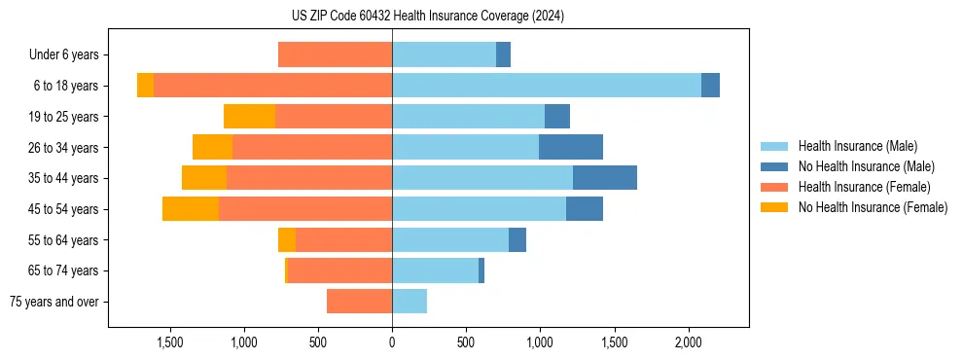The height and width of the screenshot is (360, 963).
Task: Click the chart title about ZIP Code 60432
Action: tap(427, 17)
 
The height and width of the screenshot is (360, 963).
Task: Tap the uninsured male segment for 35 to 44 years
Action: tap(604, 178)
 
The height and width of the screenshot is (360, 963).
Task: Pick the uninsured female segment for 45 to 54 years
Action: tap(191, 209)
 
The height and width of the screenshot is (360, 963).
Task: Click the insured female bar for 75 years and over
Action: tap(359, 302)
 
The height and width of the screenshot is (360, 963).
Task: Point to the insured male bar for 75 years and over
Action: tap(410, 302)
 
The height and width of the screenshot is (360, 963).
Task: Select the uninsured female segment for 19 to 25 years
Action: tap(249, 117)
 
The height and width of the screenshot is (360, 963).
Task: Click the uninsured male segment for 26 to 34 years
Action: tap(571, 148)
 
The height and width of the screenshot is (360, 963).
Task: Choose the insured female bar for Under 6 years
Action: tap(335, 54)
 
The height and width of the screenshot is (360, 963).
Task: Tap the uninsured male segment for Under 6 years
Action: tap(503, 54)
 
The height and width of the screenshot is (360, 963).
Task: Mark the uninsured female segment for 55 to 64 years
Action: tap(287, 240)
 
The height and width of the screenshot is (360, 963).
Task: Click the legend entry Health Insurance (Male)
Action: tap(857, 146)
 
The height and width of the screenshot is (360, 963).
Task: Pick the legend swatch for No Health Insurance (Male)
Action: tap(774, 166)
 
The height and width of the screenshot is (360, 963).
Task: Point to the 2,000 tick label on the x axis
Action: tap(688, 342)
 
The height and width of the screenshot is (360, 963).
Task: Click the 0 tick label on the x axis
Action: tap(392, 342)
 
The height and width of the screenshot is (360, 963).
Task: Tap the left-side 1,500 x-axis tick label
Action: tap(169, 342)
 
